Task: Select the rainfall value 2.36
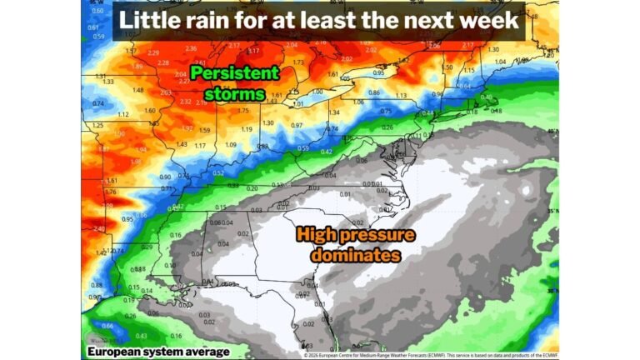coord(191,48)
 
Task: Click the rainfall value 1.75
coord(243,110)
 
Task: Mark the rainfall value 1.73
coord(298,62)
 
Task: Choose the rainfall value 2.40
coord(99,228)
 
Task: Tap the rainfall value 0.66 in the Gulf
coord(107,326)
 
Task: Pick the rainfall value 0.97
coord(297,125)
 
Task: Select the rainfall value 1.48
coord(137,91)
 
